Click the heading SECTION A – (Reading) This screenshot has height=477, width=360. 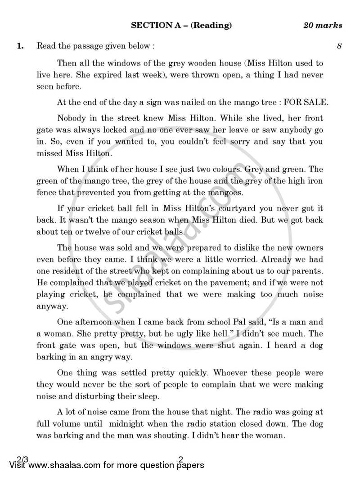coord(181,25)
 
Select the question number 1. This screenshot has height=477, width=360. coord(19,45)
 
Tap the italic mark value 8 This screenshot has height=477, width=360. coord(339,45)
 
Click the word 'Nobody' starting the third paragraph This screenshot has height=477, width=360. coord(71,119)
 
